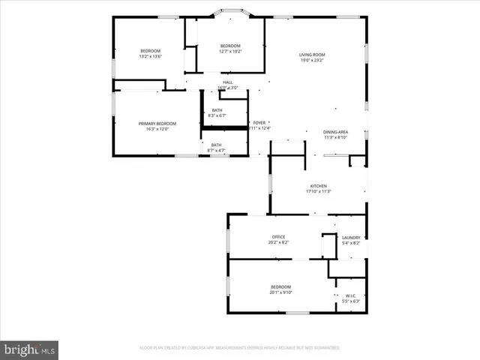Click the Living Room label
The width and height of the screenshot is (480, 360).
pyautogui.click(x=311, y=54)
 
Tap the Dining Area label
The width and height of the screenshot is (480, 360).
pyautogui.click(x=335, y=132)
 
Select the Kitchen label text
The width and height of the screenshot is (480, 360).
pyautogui.click(x=319, y=186)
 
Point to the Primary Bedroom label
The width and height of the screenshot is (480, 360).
pyautogui.click(x=157, y=123)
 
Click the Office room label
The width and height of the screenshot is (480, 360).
pyautogui.click(x=278, y=237)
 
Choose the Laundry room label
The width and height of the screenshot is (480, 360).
pyautogui.click(x=351, y=237)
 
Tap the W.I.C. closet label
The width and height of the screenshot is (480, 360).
pyautogui.click(x=351, y=295)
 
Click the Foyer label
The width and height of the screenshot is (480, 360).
pyautogui.click(x=259, y=122)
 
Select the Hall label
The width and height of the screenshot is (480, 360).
pyautogui.click(x=227, y=82)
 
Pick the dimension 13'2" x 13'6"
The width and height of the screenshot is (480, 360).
pyautogui.click(x=150, y=56)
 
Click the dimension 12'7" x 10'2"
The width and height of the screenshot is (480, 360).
pyautogui.click(x=230, y=51)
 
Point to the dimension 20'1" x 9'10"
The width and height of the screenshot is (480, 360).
pyautogui.click(x=280, y=292)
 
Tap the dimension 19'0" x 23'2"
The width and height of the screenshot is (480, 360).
pyautogui.click(x=311, y=59)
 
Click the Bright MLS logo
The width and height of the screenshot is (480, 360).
pyautogui.click(x=30, y=349)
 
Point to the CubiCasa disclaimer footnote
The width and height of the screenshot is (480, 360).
pyautogui.click(x=239, y=348)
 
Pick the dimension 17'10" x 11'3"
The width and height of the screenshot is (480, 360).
pyautogui.click(x=319, y=191)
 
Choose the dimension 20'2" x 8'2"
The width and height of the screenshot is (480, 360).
pyautogui.click(x=278, y=242)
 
